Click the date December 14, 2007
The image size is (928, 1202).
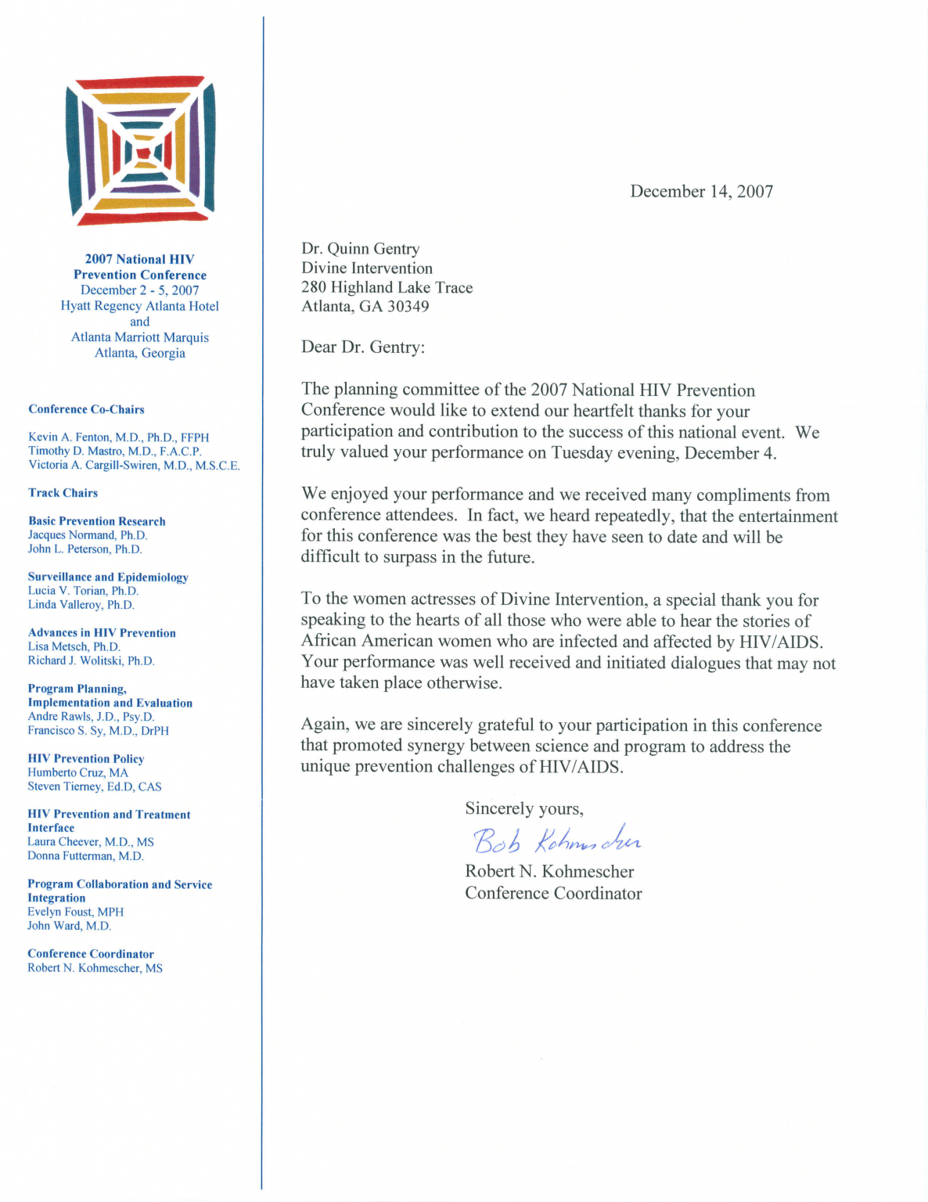(701, 192)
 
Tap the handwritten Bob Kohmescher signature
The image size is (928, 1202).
(556, 840)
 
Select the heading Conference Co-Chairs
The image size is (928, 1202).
(86, 409)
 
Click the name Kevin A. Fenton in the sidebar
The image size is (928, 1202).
(70, 437)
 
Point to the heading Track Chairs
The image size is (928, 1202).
(63, 493)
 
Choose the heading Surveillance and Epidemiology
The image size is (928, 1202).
(108, 578)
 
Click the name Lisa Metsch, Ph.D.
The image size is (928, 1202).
(74, 647)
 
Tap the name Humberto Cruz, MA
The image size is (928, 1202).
(77, 772)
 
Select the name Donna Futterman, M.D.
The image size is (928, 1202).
(85, 856)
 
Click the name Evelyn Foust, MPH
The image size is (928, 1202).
(75, 912)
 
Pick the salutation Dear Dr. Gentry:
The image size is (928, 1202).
(363, 347)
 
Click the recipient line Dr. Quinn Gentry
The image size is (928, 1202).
(360, 249)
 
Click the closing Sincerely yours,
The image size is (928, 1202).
(523, 808)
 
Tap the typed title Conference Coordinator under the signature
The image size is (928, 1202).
(552, 894)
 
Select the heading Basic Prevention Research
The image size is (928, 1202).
(96, 521)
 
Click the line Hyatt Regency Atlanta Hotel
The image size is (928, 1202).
(139, 306)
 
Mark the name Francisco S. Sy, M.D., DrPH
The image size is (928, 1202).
(98, 731)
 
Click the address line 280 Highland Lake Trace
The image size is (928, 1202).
(387, 287)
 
